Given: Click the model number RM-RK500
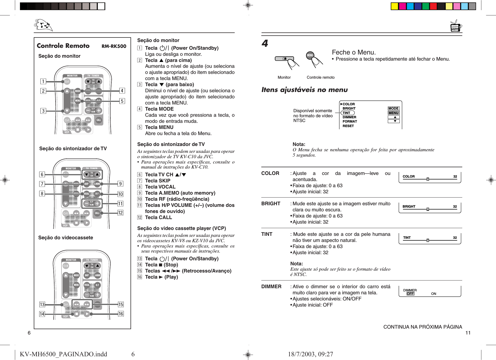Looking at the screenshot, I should coord(114,46).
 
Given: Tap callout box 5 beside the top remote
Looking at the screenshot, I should coord(122,101).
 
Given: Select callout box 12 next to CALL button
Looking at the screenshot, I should coord(120,213).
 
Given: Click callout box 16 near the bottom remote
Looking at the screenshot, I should coord(121,314).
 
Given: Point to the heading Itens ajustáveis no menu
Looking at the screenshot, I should coord(304,90).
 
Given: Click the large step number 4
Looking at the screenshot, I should coord(265,43).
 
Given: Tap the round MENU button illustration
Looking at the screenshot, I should coord(310,56).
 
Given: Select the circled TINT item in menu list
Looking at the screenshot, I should coord(347,113).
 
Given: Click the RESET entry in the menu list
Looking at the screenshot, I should coord(348,126).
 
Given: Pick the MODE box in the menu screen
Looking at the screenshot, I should coord(393,108).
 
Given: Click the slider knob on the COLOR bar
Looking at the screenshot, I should coord(428,179).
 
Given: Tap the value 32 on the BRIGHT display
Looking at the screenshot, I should coord(455,207).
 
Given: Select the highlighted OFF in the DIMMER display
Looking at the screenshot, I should coord(410,294).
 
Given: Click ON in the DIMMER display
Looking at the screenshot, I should coord(434,294).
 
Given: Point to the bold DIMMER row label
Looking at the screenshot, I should coord(271,287).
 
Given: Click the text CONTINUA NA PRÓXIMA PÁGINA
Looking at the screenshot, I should coord(422,327).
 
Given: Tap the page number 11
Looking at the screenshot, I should coord(468,333).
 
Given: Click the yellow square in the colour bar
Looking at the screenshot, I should coord(394,6).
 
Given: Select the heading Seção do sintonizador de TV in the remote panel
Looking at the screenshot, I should coord(73,149).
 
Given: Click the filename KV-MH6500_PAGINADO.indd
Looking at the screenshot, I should coord(63,354).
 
